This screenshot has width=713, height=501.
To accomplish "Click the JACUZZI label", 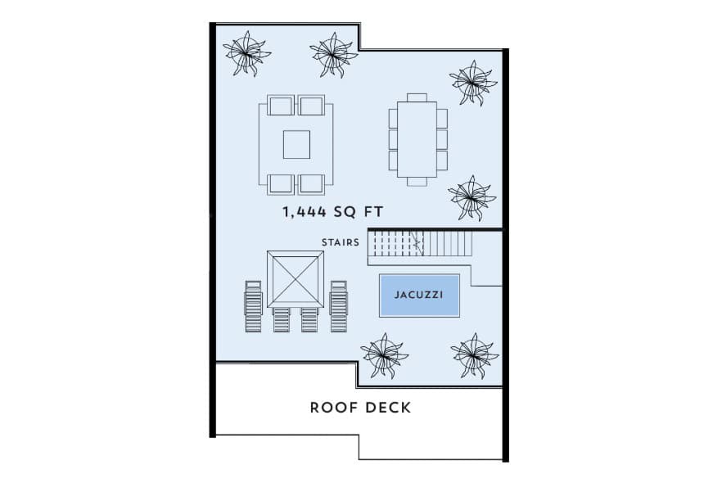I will tap(419, 294).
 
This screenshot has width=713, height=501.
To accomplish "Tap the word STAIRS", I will tap(341, 241).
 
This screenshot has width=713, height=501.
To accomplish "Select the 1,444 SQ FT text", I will tap(333, 212).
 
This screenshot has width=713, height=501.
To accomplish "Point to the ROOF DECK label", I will tap(360, 407).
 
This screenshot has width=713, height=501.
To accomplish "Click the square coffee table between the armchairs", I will tap(296, 144).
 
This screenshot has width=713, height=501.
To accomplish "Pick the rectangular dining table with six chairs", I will tap(417, 136).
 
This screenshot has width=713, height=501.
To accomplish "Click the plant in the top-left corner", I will tap(246, 53).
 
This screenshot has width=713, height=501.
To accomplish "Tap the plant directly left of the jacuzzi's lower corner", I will tap(384, 354).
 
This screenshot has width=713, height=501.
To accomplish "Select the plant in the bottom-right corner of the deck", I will tap(474, 354).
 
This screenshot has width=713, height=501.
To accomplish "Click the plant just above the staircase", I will tap(472, 197).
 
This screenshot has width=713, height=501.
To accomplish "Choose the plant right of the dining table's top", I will tap(473, 82).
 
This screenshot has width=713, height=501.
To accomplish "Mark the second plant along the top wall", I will tap(333, 54).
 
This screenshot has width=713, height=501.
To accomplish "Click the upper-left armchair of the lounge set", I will tap(280, 106).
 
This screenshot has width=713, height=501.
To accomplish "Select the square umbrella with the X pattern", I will tap(295, 278).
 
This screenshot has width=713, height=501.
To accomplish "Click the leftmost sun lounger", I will tap(253, 305).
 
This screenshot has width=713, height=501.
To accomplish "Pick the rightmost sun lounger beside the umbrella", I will tap(339, 305).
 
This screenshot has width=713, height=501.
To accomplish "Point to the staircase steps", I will tap(419, 243).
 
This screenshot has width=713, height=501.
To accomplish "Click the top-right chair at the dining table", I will tap(442, 117).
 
